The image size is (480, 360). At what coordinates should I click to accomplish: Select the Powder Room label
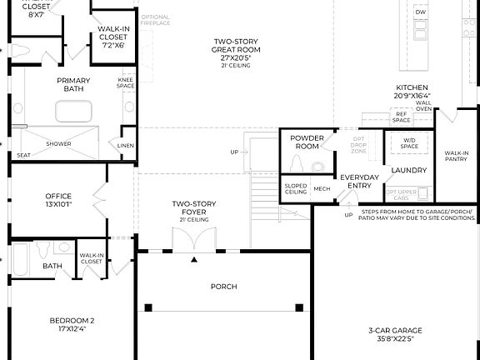pyautogui.click(x=307, y=142)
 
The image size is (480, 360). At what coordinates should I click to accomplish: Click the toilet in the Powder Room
pyautogui.click(x=297, y=162)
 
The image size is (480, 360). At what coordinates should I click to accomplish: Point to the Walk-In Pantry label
pyautogui.click(x=456, y=156)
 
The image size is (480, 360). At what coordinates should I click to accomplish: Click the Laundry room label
pyautogui.click(x=408, y=170)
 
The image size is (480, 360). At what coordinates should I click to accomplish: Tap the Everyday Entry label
pyautogui.click(x=360, y=181)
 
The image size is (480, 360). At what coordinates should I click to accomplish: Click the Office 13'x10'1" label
pyautogui.click(x=58, y=199)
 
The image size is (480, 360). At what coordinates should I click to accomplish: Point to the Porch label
pyautogui.click(x=223, y=287)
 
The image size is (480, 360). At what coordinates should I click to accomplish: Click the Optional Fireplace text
pyautogui.click(x=155, y=20)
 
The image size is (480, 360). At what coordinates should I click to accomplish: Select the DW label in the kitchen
pyautogui.click(x=421, y=12)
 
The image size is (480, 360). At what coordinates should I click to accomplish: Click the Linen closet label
pyautogui.click(x=126, y=145)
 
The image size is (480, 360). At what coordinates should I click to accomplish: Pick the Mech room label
pyautogui.click(x=322, y=188)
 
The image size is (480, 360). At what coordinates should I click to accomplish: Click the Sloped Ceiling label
pyautogui.click(x=296, y=188)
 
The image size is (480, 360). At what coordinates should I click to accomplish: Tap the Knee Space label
pyautogui.click(x=126, y=82)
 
